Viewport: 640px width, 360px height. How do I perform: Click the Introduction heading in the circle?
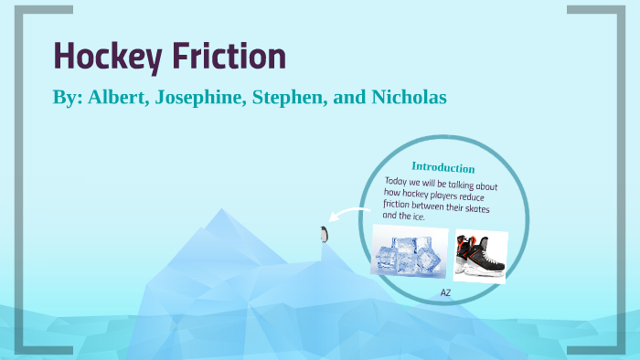pyautogui.click(x=443, y=167)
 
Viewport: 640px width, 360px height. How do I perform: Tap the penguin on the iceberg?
pyautogui.click(x=323, y=234)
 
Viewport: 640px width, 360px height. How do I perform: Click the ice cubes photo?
pyautogui.click(x=410, y=252)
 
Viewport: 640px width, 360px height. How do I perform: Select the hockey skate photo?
pyautogui.click(x=480, y=255)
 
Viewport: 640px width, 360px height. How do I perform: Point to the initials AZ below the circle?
pyautogui.click(x=445, y=292)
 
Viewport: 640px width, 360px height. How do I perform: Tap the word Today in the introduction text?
pyautogui.click(x=399, y=182)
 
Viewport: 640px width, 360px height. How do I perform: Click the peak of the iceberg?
pyautogui.click(x=219, y=212)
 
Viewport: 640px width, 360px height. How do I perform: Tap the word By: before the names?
pyautogui.click(x=66, y=97)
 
